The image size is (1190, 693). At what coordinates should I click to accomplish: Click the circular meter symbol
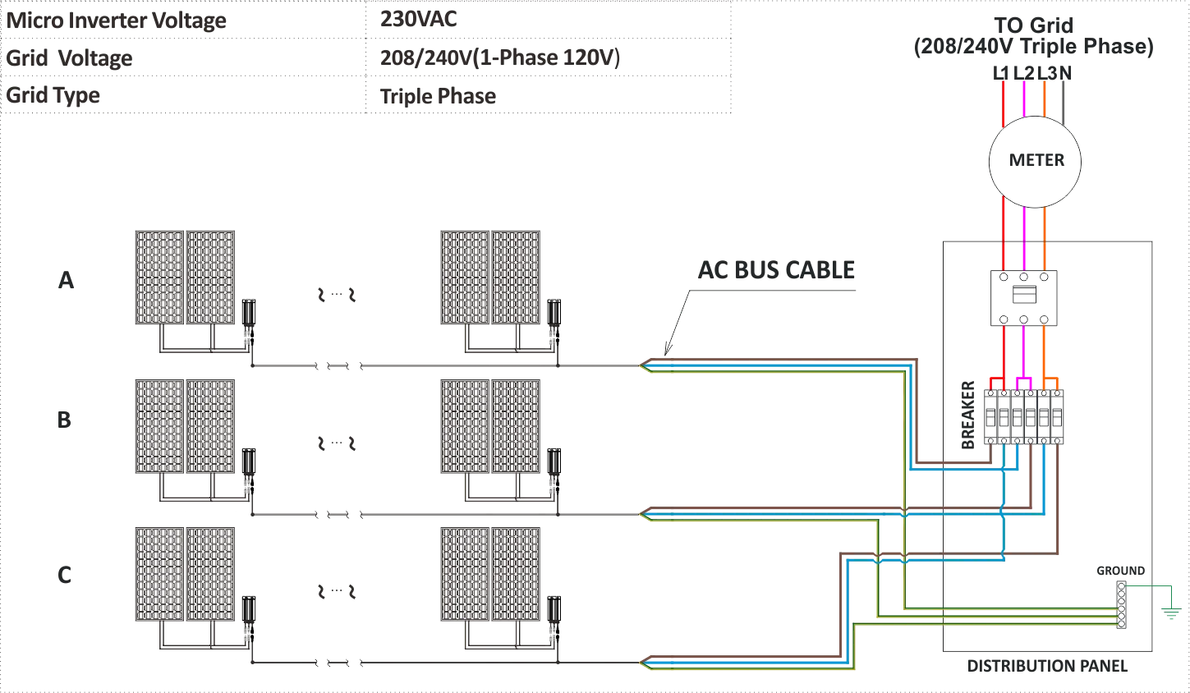coord(1034,160)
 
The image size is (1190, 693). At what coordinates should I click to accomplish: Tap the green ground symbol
coord(1173,613)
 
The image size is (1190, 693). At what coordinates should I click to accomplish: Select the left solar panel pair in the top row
coord(185,278)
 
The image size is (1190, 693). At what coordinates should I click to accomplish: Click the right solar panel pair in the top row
coord(492,278)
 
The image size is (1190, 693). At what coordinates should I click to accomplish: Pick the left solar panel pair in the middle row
coord(185,425)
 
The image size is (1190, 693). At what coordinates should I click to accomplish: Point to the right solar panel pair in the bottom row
coord(492,574)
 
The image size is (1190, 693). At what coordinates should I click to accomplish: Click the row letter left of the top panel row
coord(65,280)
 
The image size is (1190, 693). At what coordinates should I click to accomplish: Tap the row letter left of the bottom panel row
coord(62,576)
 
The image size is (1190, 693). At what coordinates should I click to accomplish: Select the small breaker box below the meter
coord(1022,297)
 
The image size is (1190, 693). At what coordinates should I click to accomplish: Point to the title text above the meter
coord(1034,37)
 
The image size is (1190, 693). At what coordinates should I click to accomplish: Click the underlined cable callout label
coord(778,271)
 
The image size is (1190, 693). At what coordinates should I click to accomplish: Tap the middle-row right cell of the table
coord(547,57)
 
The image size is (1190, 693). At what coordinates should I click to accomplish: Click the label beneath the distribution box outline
coord(1046,666)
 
